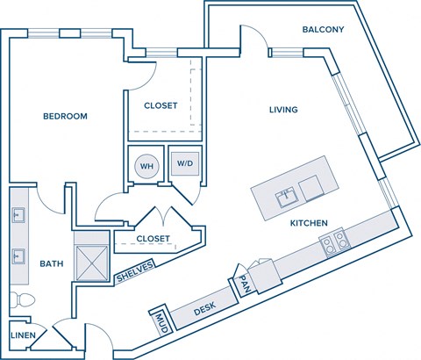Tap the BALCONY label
pos(323,30)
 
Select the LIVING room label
pos(283,110)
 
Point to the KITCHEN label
pos(310,224)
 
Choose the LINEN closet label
pos(23,335)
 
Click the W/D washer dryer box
pos(185,163)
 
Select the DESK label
pos(204,308)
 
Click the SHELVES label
pos(135,273)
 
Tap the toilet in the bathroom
pos(22,301)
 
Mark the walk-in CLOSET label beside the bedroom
pos(161,105)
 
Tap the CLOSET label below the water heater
pos(153,238)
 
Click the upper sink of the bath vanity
pos(18,214)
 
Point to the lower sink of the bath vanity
pos(18,256)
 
